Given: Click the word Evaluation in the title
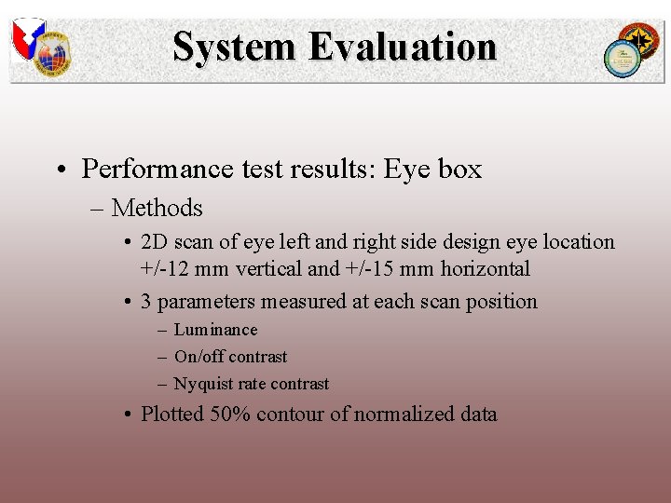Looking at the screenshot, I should (404, 47).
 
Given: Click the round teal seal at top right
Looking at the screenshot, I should (620, 58).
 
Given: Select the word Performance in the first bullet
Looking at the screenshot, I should (144, 170).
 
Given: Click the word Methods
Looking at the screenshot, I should (157, 208).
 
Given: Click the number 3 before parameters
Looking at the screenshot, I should (146, 302).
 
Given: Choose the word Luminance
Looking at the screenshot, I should (215, 330).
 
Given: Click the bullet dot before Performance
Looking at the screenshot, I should (59, 170).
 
